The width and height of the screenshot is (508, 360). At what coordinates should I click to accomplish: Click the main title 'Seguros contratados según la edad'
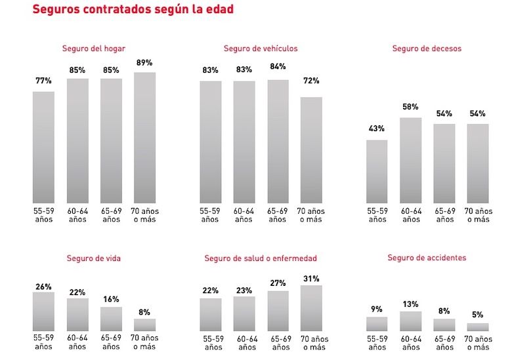(133, 10)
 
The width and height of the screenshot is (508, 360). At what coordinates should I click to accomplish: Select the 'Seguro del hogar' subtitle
(94, 49)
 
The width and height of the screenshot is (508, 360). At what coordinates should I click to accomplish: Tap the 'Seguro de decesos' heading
(427, 49)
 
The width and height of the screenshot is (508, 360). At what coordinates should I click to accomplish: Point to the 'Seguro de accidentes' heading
(427, 258)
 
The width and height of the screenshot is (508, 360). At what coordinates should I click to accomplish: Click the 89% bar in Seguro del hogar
(144, 138)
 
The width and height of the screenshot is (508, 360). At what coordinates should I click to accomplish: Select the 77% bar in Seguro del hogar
(44, 148)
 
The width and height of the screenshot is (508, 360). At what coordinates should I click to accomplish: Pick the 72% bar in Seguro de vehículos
(311, 150)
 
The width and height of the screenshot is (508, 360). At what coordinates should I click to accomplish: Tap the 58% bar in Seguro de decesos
(410, 161)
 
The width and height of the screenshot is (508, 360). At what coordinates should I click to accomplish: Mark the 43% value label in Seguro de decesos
(377, 129)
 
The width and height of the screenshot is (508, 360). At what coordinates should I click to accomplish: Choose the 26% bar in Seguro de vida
(44, 311)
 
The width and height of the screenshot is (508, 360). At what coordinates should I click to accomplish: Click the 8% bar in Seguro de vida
(144, 325)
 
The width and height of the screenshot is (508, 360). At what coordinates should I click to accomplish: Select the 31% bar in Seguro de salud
(311, 308)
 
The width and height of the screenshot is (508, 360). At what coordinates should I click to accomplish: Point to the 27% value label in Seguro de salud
(278, 283)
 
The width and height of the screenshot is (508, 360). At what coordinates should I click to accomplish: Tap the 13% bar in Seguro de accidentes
(410, 321)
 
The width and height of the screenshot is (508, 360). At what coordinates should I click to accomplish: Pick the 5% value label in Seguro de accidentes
(477, 315)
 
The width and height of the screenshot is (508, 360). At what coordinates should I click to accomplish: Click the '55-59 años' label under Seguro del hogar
(44, 215)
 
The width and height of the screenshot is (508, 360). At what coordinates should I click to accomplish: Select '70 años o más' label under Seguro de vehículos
(311, 215)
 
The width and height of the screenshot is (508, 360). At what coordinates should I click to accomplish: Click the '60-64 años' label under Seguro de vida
(77, 342)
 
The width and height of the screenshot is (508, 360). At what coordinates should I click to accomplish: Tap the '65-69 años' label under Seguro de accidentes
(444, 343)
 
